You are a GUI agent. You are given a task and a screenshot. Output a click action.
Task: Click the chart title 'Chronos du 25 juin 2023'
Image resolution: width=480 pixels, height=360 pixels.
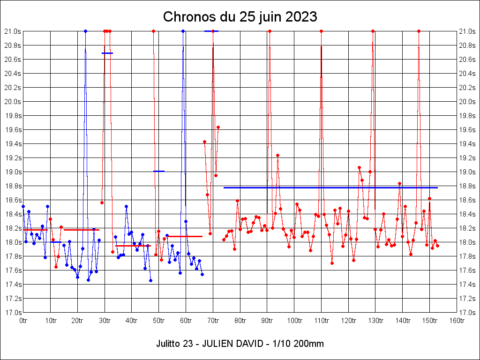point(240,17)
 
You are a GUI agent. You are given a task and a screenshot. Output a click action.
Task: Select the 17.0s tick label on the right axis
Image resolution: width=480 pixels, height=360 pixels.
point(467,312)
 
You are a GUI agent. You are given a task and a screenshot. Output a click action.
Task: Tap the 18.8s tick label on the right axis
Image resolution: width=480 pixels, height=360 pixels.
point(467,186)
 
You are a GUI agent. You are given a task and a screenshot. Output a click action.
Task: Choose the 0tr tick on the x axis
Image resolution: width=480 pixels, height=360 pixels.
point(23,321)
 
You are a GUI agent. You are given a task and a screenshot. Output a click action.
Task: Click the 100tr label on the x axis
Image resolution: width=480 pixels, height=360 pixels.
point(294,321)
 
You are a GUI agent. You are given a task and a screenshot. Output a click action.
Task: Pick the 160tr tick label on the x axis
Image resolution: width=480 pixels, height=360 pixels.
point(457,321)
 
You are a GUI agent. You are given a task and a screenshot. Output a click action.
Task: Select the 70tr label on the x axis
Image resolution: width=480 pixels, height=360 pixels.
point(213,321)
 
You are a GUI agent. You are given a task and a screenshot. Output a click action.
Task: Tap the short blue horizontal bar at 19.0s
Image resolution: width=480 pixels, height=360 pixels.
point(159,171)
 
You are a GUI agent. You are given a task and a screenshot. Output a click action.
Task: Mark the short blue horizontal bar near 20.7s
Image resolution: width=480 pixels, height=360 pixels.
point(107,53)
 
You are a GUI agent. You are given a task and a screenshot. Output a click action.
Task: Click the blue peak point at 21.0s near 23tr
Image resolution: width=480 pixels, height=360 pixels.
point(85,31)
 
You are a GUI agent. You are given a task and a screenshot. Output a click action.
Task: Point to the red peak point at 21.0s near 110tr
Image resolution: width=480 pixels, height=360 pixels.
point(321,31)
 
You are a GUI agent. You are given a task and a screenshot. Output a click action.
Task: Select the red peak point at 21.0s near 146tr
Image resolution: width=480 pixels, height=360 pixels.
point(419,31)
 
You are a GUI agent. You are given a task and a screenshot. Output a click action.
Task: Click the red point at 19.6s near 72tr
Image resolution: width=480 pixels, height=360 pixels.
point(218,127)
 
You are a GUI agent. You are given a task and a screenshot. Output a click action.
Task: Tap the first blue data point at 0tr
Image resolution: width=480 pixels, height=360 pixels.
point(23,206)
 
